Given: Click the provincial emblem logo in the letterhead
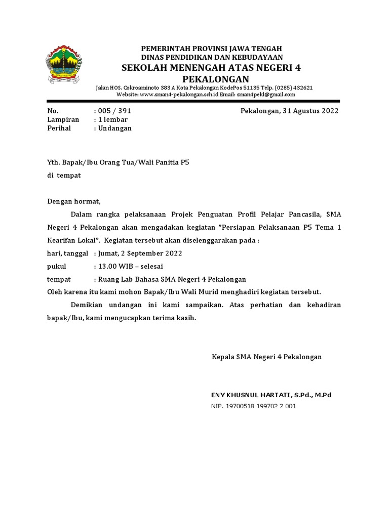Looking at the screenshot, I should point(65,65).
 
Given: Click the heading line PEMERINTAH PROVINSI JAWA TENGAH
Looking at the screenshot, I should point(211,48).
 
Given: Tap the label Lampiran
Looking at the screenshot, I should point(63,119).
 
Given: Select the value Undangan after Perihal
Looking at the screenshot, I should point(115,128).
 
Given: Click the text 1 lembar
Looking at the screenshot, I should point(113,119).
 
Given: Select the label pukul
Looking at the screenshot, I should point(56,266).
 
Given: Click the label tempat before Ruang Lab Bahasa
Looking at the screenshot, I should point(59,279).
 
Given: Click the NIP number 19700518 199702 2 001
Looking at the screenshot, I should point(262,406).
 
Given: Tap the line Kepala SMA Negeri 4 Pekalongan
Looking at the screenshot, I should point(266,357).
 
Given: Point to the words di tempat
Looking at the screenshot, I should point(64,175).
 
